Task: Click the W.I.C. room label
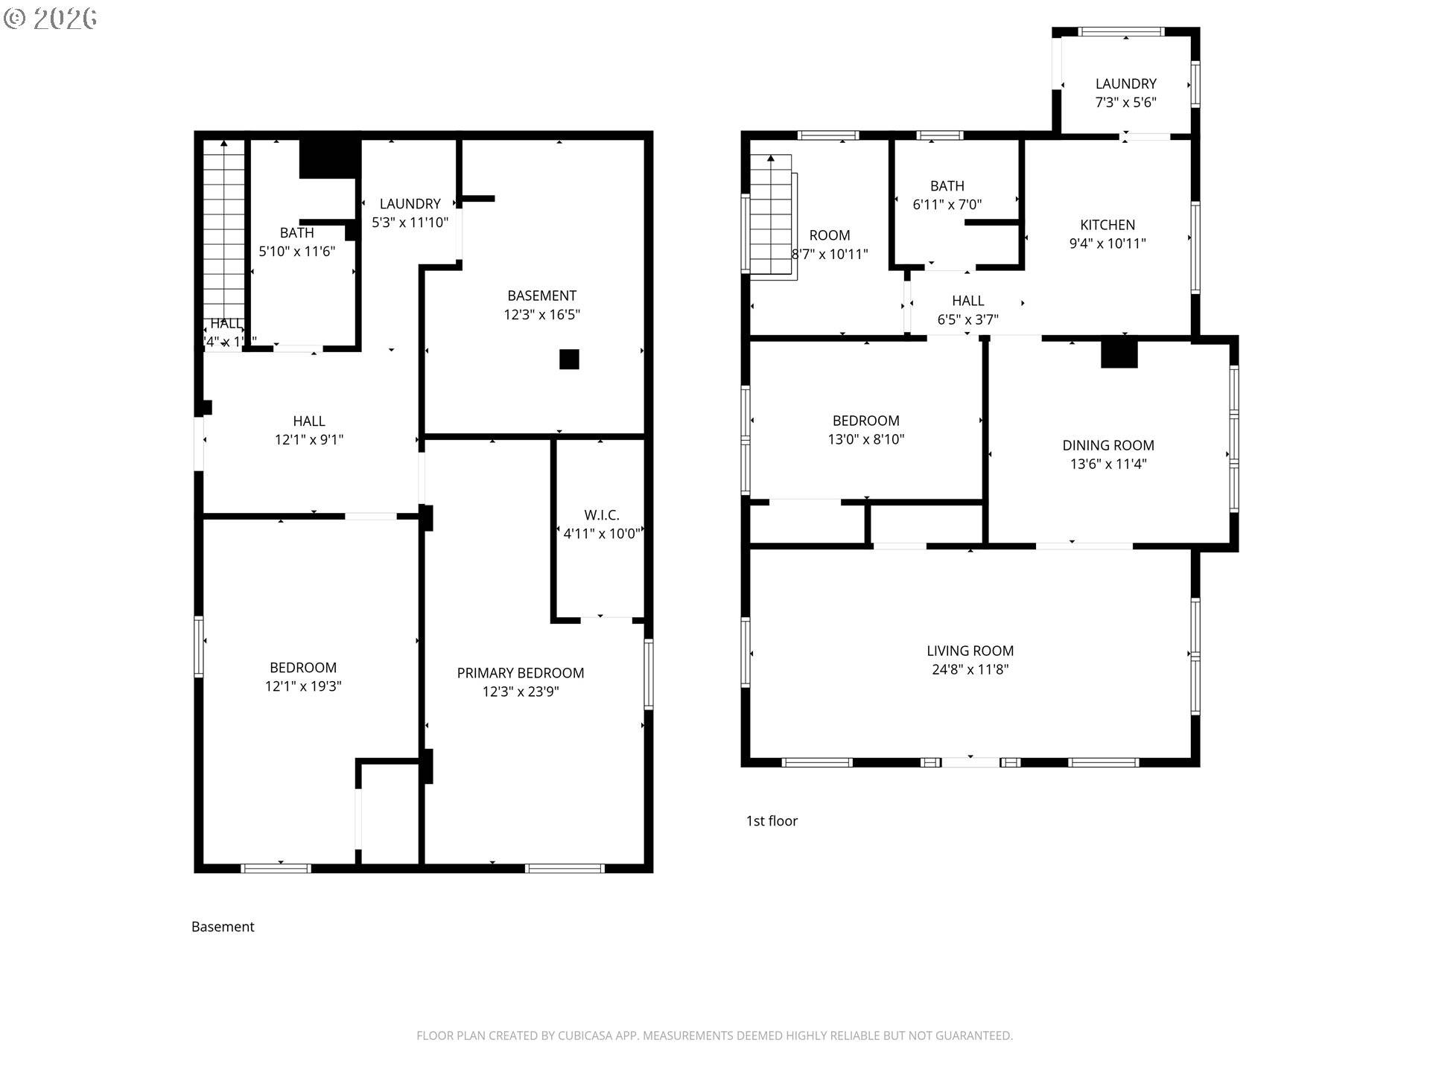click(x=601, y=515)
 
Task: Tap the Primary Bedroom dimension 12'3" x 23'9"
click(x=520, y=692)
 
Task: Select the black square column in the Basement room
click(x=569, y=360)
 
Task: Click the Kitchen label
click(x=1107, y=225)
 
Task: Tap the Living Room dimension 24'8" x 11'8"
click(x=970, y=669)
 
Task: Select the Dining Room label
click(x=1108, y=445)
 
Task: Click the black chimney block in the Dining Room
click(x=1119, y=353)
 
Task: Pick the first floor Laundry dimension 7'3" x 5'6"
click(x=1125, y=103)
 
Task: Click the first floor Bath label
click(x=947, y=186)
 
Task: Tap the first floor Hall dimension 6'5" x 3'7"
click(x=967, y=319)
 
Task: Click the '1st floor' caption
click(x=772, y=820)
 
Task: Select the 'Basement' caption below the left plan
click(x=223, y=926)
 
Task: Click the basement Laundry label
click(x=410, y=204)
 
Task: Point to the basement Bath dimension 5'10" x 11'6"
click(x=296, y=252)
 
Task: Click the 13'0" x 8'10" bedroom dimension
click(x=865, y=439)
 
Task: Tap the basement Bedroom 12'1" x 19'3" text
click(x=302, y=686)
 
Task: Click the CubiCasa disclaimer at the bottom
click(x=714, y=1036)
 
